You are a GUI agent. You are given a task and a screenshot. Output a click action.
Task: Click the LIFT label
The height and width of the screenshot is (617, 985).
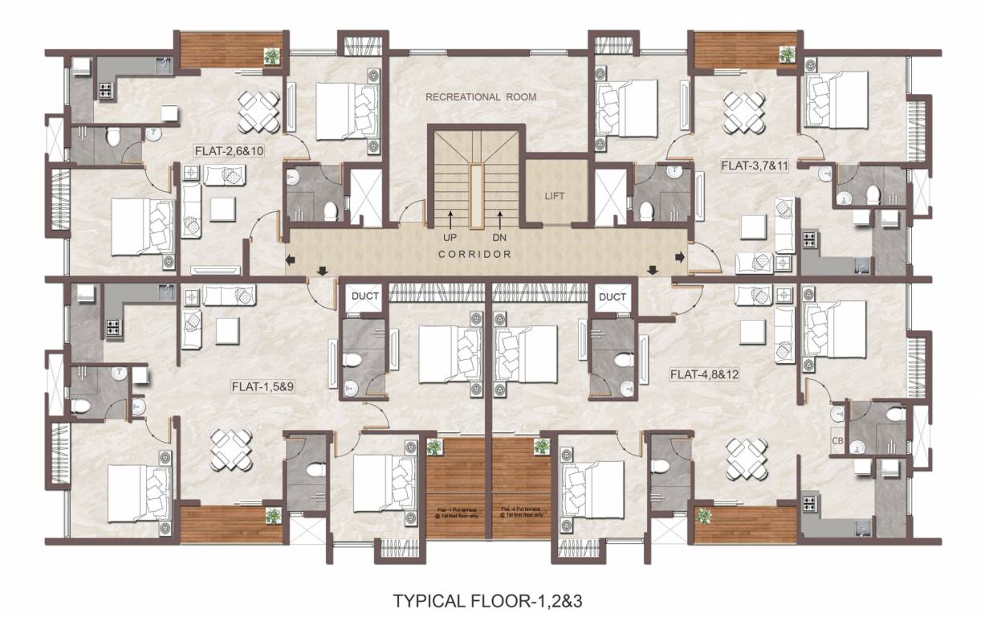(x=555, y=195)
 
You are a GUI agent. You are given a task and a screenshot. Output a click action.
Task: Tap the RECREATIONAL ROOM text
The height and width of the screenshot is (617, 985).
(x=481, y=97)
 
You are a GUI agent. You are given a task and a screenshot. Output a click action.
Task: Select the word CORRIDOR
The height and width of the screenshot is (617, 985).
(x=475, y=254)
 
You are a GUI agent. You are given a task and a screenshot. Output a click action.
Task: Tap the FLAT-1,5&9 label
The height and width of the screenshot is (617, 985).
(x=263, y=386)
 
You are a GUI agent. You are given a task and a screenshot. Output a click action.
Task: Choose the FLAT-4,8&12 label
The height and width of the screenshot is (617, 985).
(x=705, y=374)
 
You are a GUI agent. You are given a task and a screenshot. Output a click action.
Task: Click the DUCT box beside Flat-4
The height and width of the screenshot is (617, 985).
(x=613, y=296)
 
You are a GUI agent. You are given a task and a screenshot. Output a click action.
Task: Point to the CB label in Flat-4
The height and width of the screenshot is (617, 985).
(x=837, y=439)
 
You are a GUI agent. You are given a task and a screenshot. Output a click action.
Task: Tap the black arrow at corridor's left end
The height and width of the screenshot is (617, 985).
(x=290, y=258)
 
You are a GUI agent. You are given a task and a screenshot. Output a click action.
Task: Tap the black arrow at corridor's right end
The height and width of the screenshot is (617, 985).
(x=680, y=257)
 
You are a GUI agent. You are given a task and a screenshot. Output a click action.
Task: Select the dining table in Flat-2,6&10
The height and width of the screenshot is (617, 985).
(x=258, y=112)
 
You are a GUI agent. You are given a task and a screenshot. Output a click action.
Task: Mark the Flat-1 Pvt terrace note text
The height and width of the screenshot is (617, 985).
(x=457, y=511)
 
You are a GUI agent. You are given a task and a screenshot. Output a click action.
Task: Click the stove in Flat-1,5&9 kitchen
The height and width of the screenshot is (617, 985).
(x=110, y=327)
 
